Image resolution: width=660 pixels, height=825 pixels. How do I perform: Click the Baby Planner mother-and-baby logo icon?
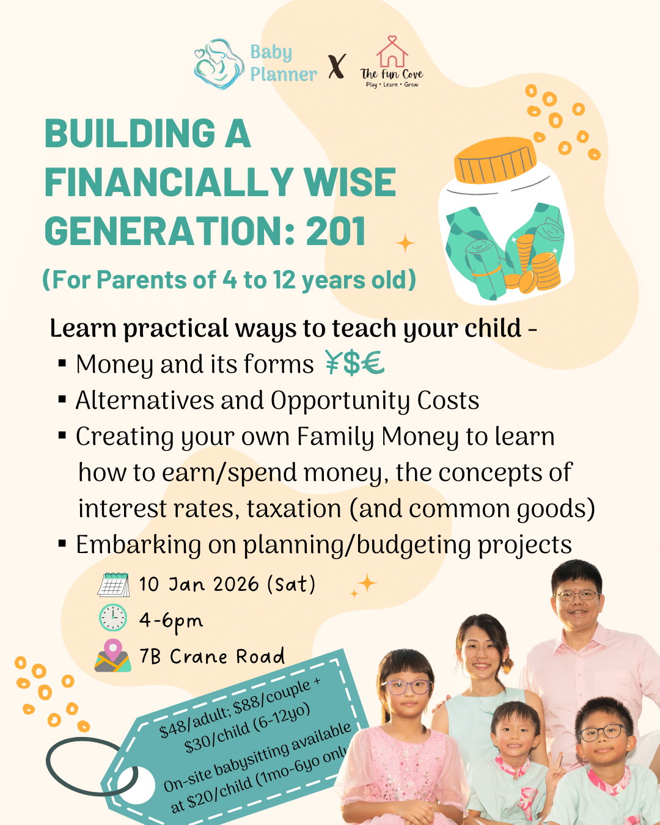tap(218, 64)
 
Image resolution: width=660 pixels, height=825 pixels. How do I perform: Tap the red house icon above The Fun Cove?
tap(392, 52)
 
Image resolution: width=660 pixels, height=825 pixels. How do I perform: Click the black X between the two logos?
tap(337, 66)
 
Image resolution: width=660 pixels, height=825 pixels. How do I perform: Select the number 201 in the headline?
tap(335, 232)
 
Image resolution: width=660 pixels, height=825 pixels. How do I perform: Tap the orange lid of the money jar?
tap(494, 160)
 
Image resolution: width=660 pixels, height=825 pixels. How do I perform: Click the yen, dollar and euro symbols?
tap(354, 363)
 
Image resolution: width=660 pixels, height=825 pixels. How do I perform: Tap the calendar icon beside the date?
tap(113, 584)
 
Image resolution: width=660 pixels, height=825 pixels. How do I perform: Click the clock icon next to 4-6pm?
tap(113, 618)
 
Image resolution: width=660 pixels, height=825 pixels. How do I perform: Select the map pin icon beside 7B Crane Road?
tap(113, 656)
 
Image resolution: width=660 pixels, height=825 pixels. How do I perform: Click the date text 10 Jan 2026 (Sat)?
tap(227, 584)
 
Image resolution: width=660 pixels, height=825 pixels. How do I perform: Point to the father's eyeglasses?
tap(576, 595)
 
